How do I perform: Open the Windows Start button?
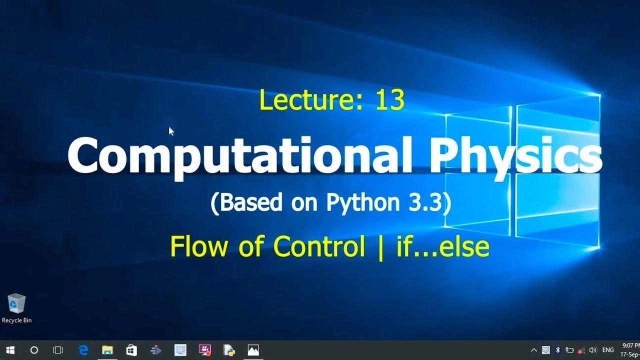(x=10, y=350)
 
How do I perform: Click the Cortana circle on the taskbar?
(x=34, y=350)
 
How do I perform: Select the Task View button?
(x=58, y=350)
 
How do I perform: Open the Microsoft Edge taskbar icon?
(x=83, y=350)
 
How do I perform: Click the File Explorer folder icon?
(x=107, y=350)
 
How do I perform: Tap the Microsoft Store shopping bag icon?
(x=131, y=350)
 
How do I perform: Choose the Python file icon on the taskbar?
(x=229, y=350)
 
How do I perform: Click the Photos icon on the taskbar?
(x=253, y=350)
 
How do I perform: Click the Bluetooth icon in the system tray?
(x=557, y=350)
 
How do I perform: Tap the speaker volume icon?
(x=593, y=350)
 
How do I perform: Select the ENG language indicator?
(x=608, y=350)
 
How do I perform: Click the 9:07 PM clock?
(x=630, y=345)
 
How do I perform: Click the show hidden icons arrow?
(x=534, y=350)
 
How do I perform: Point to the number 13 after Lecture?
(x=389, y=100)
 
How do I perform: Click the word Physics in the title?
(x=515, y=155)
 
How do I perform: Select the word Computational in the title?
(x=239, y=155)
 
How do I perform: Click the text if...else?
(x=442, y=246)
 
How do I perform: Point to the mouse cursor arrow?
(x=171, y=131)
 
